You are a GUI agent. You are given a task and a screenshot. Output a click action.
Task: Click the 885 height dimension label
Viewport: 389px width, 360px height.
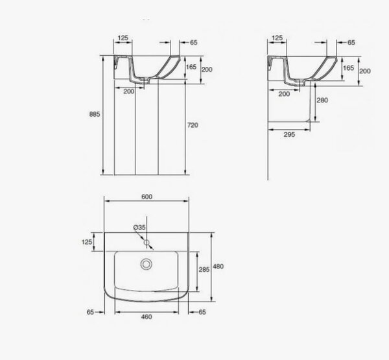click(95, 114)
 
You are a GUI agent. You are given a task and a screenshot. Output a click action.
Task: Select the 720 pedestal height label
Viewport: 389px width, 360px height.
click(193, 125)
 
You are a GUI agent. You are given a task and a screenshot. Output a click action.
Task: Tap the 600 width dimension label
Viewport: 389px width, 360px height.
click(147, 197)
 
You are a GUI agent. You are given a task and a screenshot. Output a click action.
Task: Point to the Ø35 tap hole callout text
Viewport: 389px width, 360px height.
click(139, 227)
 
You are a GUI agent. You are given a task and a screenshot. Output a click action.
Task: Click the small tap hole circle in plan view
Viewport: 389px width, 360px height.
click(147, 243)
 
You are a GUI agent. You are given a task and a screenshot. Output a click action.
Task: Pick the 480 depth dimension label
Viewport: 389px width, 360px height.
click(218, 267)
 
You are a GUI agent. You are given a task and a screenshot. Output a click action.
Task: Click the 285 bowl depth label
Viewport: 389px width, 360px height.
click(204, 269)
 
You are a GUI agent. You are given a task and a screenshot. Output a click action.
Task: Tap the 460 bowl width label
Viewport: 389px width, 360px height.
click(147, 317)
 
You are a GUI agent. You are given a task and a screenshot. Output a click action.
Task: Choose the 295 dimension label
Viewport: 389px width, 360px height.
click(289, 134)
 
